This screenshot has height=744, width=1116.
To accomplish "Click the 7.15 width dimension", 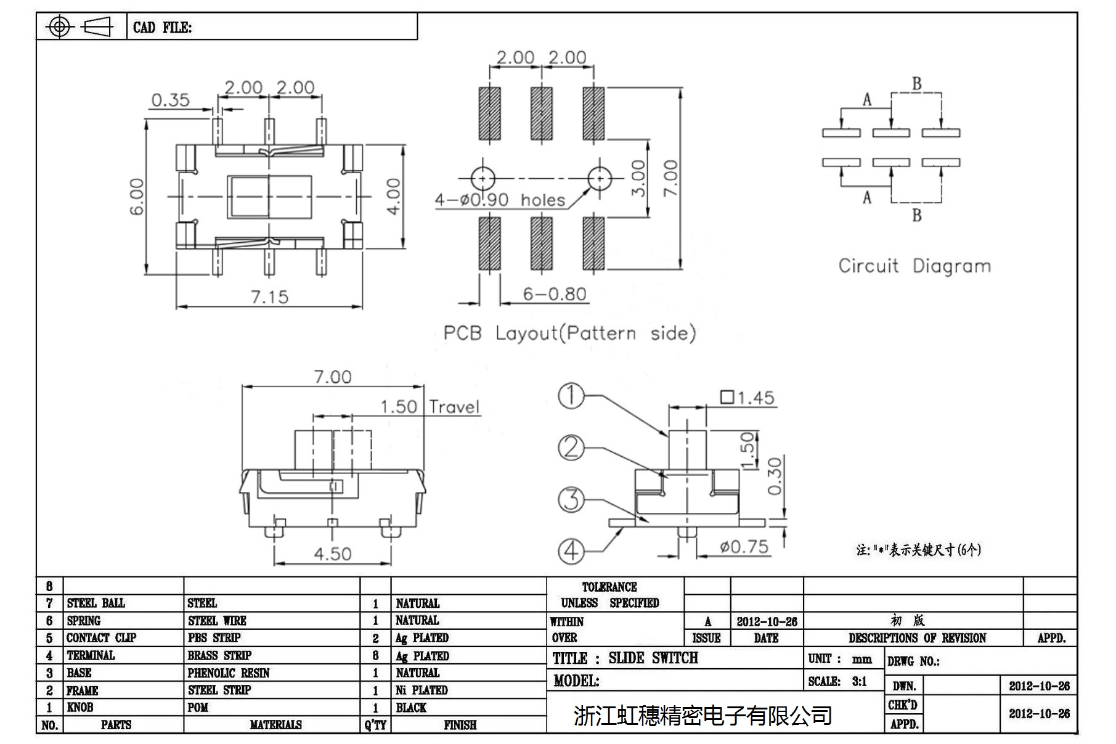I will tap(269, 297).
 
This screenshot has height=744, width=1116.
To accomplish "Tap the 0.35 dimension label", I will tap(170, 100).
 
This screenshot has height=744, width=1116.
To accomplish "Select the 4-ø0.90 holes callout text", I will tap(500, 200).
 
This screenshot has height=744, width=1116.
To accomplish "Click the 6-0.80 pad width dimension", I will tap(554, 294).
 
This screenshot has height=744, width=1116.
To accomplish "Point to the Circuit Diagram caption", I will tap(914, 266).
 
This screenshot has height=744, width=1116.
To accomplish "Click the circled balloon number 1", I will tap(571, 396).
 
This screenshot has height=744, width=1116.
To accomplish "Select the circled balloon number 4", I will tap(571, 550).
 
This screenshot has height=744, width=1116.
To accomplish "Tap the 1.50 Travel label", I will tap(430, 407).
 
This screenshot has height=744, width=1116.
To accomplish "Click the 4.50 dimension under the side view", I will tap(333, 554).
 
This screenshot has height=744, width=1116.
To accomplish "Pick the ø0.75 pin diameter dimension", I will tap(744, 547).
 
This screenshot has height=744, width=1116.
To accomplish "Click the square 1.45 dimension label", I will tap(747, 398).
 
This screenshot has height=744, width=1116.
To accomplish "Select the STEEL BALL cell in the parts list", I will tap(96, 603).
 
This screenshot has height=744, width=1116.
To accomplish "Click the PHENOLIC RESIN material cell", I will tap(229, 673).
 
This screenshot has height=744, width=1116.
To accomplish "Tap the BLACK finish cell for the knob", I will tap(411, 708).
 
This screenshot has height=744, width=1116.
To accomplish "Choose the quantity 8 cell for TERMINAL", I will tap(375, 656).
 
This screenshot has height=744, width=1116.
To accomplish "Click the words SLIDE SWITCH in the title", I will tap(653, 658).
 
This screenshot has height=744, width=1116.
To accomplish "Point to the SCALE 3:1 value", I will tap(860, 681).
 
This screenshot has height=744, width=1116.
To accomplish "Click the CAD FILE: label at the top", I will tap(162, 28).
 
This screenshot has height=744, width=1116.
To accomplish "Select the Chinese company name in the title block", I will tap(703, 715).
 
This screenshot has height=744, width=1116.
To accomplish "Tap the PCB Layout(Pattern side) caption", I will tap(569, 333).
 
